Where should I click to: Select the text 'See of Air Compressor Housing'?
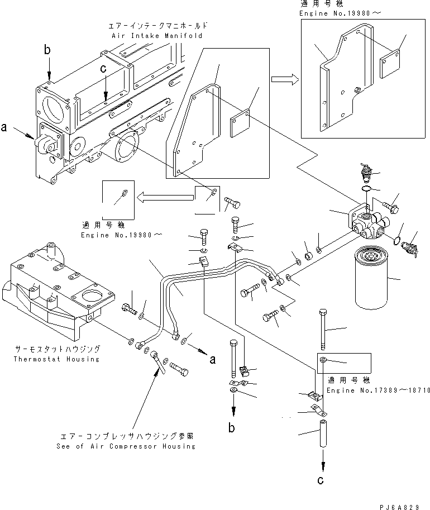[126, 446]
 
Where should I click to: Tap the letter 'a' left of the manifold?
[4, 127]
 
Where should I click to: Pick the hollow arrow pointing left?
[165, 196]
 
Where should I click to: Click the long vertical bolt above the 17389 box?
[322, 330]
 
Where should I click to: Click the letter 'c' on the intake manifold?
[103, 69]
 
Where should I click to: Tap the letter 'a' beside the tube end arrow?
[212, 359]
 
